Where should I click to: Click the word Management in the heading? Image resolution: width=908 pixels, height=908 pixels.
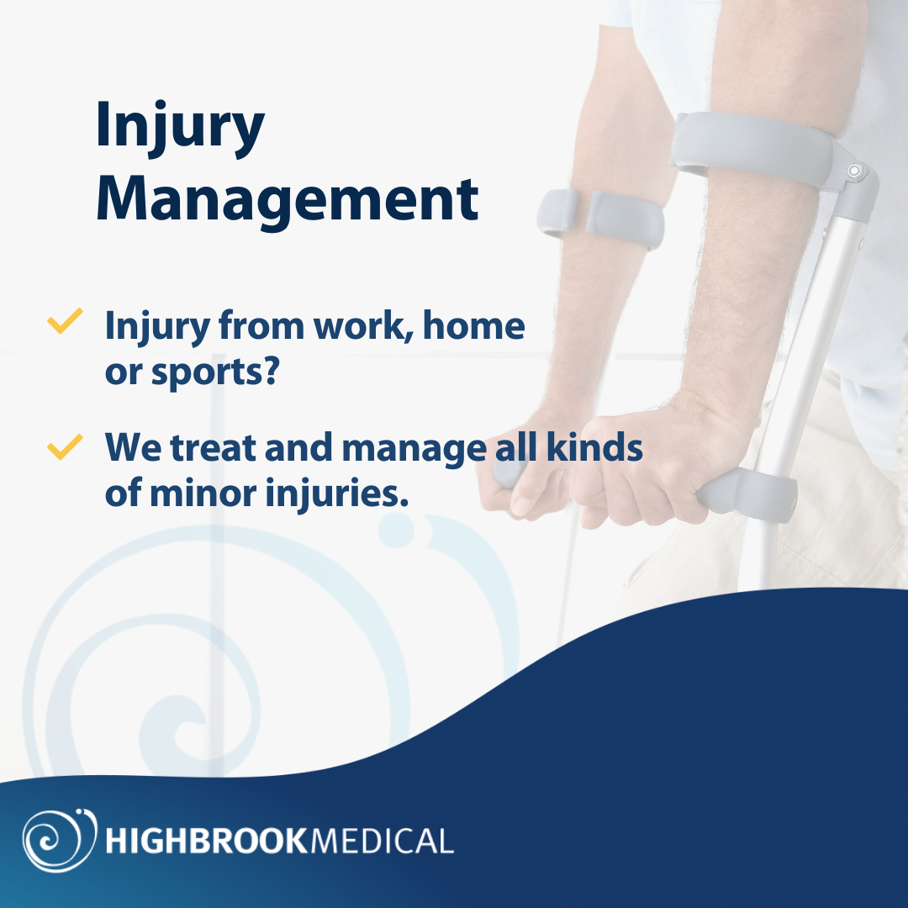coord(287,199)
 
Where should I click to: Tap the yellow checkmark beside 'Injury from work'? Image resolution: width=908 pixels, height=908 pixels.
coord(64,322)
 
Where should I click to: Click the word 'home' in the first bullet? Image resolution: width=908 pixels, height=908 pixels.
coord(473,325)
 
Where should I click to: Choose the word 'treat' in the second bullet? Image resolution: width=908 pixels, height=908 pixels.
coord(214,448)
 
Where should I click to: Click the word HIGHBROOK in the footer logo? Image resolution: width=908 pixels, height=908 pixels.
coord(207,840)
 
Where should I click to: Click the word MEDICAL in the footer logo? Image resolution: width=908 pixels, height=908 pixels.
coord(382,840)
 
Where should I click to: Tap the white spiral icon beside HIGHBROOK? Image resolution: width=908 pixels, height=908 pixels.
coord(54,838)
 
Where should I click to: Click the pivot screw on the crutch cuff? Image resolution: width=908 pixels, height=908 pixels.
coord(855,172)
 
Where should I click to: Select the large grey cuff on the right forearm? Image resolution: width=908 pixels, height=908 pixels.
coord(757,151)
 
